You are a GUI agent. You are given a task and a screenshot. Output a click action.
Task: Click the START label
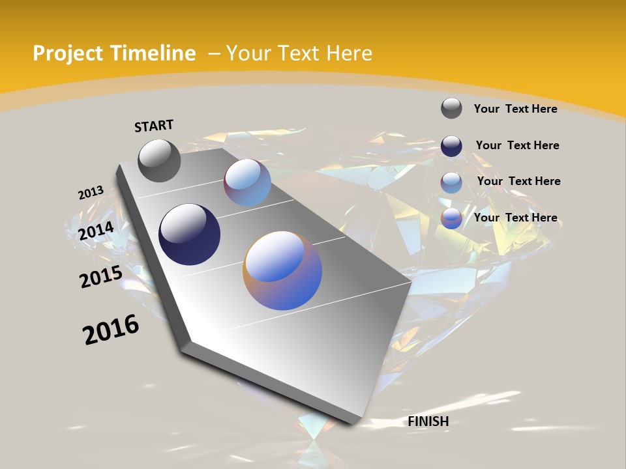coord(154,126)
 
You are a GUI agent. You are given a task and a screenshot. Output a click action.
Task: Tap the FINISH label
coord(428,421)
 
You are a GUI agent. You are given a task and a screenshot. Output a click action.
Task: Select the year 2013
coord(91,193)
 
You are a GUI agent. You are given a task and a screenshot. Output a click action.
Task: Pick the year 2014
coord(97,231)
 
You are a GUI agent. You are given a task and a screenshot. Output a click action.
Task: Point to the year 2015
coord(101,277)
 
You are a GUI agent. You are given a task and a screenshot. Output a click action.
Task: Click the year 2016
coord(111,330)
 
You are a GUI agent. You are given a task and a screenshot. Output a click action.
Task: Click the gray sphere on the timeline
coord(159,160)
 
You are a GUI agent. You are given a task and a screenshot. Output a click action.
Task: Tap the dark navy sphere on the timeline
coord(189,234)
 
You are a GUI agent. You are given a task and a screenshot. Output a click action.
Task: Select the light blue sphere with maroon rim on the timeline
coord(248,182)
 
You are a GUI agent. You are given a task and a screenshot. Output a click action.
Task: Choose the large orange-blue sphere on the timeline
coord(282,270)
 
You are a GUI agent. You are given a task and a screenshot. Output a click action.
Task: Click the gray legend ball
coord(451,108)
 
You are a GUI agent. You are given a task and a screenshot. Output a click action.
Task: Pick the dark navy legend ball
coord(451,146)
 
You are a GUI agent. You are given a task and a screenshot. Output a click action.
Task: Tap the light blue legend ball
coord(451,182)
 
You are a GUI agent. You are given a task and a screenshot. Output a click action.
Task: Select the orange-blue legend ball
coord(451,219)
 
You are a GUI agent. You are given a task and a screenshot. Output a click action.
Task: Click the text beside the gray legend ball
coord(515,109)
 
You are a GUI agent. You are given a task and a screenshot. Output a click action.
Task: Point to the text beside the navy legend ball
coord(517,145)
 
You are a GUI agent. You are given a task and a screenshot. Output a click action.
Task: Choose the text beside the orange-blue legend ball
coord(515,218)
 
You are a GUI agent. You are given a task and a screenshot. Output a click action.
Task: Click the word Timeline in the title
coord(153,53)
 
